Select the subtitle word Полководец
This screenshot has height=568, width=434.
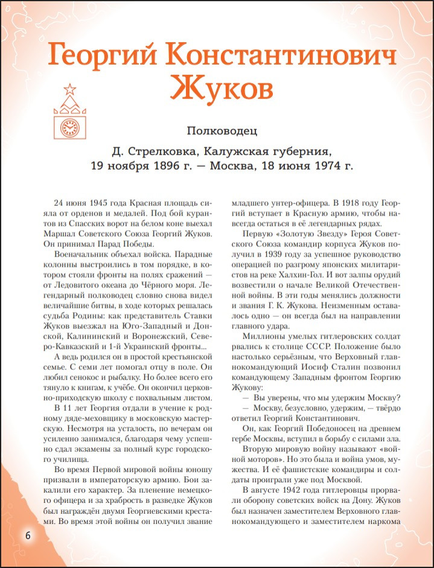point(222,130)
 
